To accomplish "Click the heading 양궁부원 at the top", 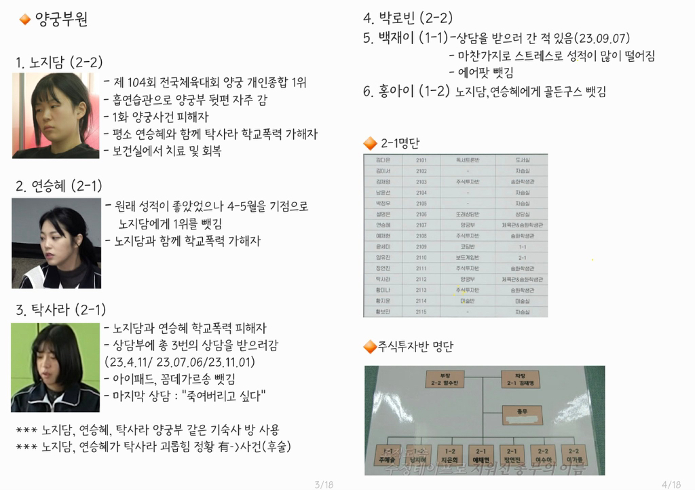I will click(60, 20).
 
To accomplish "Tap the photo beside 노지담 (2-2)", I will click(55, 115).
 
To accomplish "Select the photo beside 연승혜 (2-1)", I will click(56, 243).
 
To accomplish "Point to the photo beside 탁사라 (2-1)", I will click(55, 367).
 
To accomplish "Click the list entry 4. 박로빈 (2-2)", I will click(407, 18).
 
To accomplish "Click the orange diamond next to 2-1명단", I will click(370, 143).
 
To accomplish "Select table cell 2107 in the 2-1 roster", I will click(421, 225).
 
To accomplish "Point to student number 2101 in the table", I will click(421, 159).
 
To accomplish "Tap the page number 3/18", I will click(324, 484).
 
